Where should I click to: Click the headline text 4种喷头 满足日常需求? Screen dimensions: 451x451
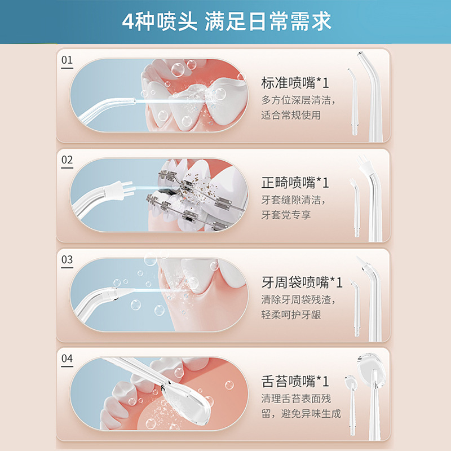[x=227, y=21]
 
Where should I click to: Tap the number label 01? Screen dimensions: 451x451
[x=67, y=60]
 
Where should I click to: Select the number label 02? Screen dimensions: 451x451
[x=67, y=160]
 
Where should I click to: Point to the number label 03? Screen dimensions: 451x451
[x=67, y=259]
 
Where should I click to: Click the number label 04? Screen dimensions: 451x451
[x=67, y=359]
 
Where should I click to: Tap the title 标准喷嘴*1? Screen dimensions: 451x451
[x=295, y=83]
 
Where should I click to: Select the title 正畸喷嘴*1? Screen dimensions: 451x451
[x=295, y=183]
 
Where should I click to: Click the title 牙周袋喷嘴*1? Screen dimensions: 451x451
[x=302, y=282]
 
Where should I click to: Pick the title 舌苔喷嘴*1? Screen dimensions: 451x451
[x=295, y=382]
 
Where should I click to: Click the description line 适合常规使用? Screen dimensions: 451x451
[x=291, y=115]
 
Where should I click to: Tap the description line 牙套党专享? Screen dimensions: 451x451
[x=286, y=215]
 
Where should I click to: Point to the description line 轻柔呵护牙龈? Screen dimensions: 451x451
[x=291, y=315]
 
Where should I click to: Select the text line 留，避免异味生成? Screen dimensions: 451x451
[x=301, y=414]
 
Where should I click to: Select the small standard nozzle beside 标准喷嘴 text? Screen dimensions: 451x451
[x=353, y=102]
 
